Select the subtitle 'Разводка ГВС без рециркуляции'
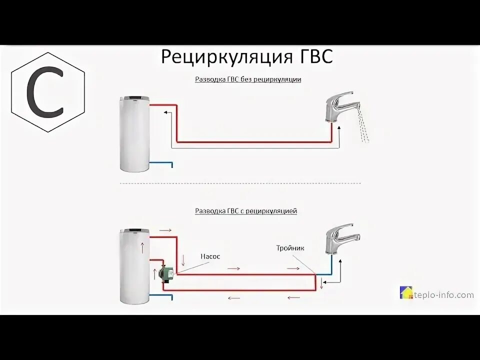pyautogui.click(x=247, y=79)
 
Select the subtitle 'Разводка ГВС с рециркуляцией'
pyautogui.click(x=246, y=211)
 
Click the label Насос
pyautogui.click(x=210, y=256)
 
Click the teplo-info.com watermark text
pyautogui.click(x=443, y=295)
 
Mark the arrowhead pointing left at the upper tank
pyautogui.click(x=165, y=113)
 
